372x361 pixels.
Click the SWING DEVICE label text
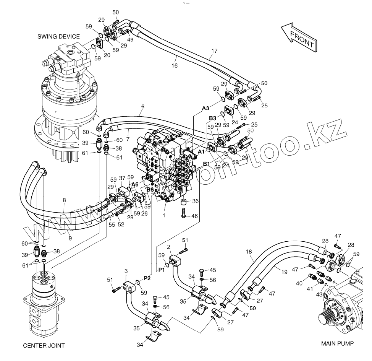[x=58, y=37]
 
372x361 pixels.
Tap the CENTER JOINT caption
[x=44, y=346]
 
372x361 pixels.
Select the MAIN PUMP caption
[x=337, y=343]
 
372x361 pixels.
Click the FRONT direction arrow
[x=299, y=37]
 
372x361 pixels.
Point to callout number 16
[x=174, y=65]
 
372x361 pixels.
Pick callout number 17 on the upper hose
[x=214, y=50]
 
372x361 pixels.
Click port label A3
[x=206, y=109]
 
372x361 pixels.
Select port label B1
[x=206, y=164]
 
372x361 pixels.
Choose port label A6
[x=135, y=184]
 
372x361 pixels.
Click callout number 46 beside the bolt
[x=194, y=216]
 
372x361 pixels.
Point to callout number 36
[x=195, y=201]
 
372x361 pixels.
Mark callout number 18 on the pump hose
[x=249, y=252]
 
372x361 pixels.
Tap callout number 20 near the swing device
[x=107, y=55]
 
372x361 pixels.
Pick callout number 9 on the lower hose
[x=70, y=238]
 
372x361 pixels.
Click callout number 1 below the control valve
[x=164, y=215]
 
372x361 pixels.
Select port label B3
[x=213, y=118]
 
